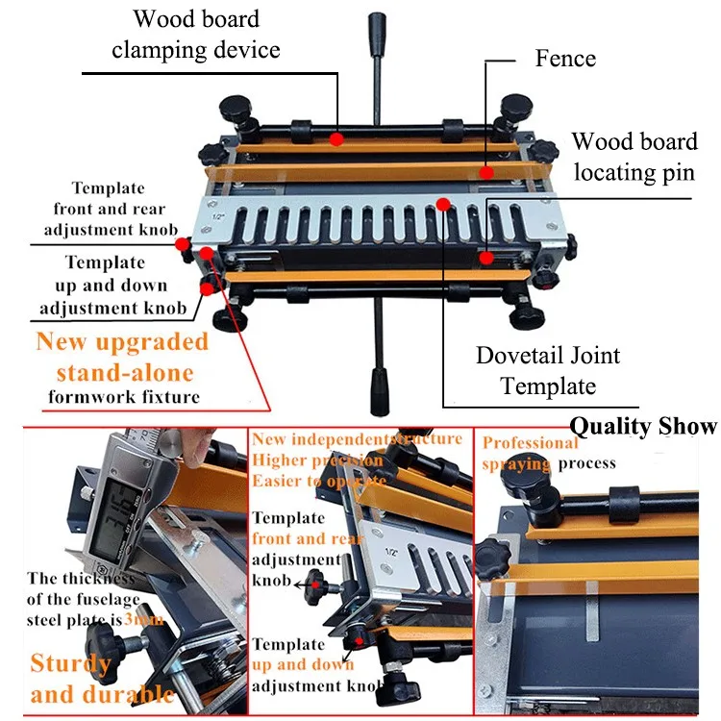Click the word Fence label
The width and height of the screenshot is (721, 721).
pos(565,59)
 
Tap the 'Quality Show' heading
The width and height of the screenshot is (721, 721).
pos(643,426)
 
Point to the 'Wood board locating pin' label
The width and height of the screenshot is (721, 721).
pos(634,157)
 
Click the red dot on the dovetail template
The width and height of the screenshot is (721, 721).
pos(442,203)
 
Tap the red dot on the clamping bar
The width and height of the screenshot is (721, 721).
pos(336,139)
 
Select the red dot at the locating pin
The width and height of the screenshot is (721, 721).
pos(488,257)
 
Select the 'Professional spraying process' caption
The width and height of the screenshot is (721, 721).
pos(548,453)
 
